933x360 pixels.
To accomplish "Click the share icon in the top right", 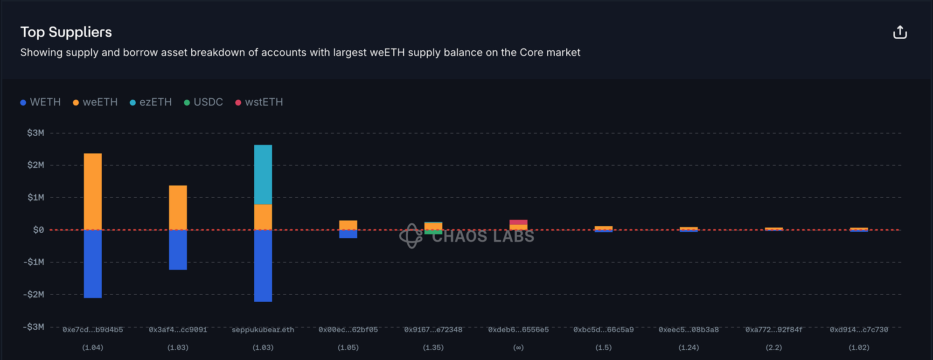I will point(899,33).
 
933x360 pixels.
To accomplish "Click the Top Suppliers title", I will point(66,32).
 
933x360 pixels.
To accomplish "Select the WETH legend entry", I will point(41,102).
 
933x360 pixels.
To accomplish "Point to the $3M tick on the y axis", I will point(35,133).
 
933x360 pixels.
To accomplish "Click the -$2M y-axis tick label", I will point(34,294).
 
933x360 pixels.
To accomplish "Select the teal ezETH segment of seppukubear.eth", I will point(263,174).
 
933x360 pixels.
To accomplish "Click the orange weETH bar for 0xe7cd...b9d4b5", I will point(93,191).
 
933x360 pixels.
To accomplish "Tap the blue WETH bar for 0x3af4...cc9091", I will point(178,250).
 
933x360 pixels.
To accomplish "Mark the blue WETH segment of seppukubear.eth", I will point(263,266).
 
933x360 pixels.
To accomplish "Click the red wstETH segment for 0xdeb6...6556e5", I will point(518,222).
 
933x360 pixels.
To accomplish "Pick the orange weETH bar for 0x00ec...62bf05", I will point(348,225).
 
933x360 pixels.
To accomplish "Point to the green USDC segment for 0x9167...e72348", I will point(433,232).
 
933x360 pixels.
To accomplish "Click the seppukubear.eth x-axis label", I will point(263,330).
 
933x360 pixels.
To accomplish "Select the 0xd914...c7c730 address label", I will point(859,330).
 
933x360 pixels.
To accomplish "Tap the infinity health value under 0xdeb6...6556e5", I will point(518,347).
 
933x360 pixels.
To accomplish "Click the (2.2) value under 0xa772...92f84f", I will point(774,347).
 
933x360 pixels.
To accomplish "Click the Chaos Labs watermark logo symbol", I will point(411,236).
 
